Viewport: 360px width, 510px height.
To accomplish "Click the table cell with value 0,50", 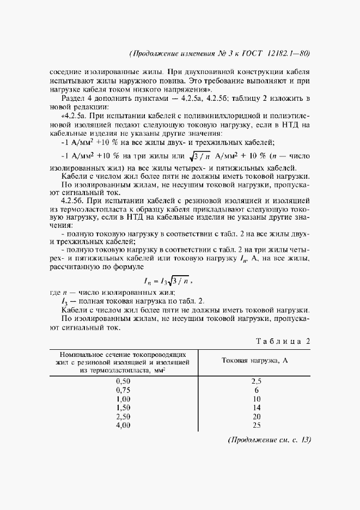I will tap(124, 381).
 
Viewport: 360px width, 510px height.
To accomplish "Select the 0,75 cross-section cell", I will tap(124, 390).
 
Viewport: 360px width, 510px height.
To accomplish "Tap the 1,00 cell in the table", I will tap(124, 399).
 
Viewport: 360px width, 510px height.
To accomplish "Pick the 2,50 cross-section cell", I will tap(124, 416).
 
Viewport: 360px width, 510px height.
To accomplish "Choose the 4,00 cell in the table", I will tap(124, 425).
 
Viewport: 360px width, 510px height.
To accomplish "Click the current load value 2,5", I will tap(257, 381).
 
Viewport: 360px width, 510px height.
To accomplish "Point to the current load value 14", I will tap(257, 408).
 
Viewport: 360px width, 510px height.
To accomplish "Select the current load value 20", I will tap(257, 416).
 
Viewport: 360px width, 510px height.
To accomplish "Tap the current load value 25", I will tap(257, 425).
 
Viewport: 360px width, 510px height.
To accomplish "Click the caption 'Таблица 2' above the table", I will tap(283, 341).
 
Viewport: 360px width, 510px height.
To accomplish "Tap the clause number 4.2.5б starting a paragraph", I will tap(73, 202).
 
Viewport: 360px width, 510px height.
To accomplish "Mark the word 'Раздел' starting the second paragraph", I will tap(73, 98).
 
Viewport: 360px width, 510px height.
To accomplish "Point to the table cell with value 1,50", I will tap(124, 408).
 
